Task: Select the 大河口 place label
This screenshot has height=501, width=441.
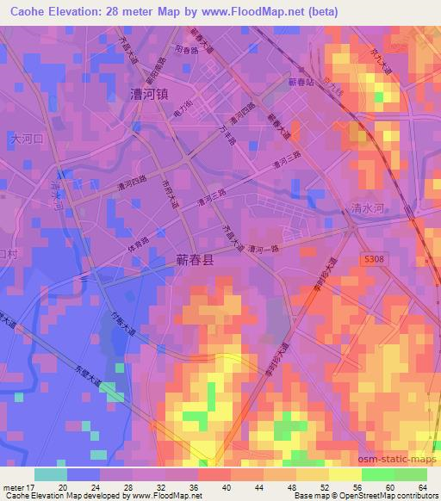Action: point(26,138)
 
